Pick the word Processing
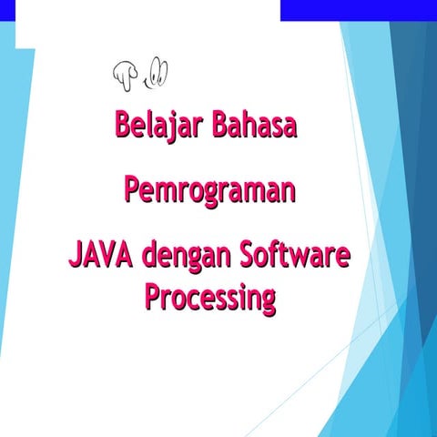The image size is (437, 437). point(209,298)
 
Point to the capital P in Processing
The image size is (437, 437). point(154,297)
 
